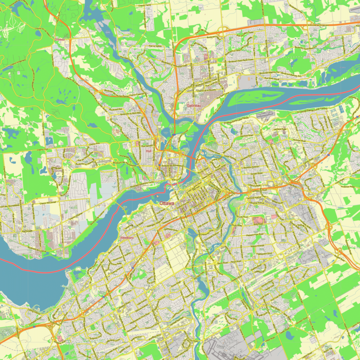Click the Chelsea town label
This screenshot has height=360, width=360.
pyautogui.click(x=59, y=39)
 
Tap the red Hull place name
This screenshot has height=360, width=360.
pyautogui.click(x=148, y=151)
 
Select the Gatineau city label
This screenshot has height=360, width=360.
pyautogui.click(x=193, y=105)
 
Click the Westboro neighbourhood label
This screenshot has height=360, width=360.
pyautogui.click(x=127, y=237)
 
